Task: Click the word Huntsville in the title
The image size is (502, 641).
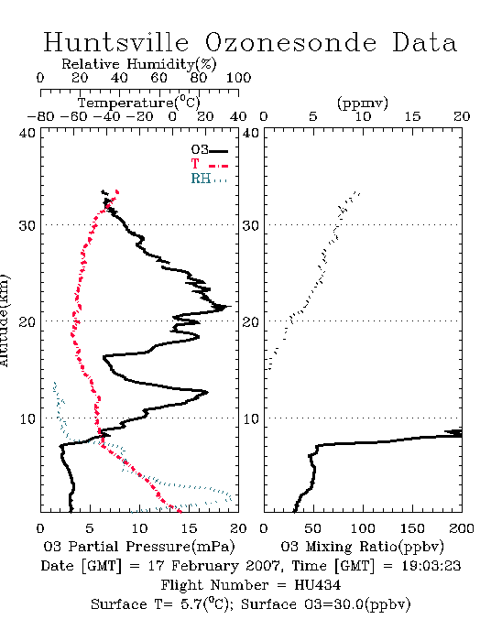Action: tap(116, 42)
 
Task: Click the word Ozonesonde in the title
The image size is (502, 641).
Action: tap(290, 42)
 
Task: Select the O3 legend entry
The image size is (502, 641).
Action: tap(209, 150)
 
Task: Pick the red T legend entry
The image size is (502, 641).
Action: tap(209, 164)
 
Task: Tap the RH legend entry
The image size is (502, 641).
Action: tap(209, 179)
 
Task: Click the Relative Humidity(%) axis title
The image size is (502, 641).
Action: tap(139, 64)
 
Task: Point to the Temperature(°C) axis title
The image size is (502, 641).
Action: tap(139, 103)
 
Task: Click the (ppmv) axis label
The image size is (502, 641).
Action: tap(363, 103)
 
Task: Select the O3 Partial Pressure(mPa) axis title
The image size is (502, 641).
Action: tap(139, 547)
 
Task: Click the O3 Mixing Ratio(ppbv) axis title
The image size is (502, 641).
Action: tap(363, 547)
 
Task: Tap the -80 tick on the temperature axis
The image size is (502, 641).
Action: tap(40, 117)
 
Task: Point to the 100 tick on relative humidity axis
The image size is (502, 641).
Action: tap(239, 78)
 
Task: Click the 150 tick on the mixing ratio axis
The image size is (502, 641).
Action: tap(412, 528)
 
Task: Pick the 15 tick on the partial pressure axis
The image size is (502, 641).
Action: tap(190, 528)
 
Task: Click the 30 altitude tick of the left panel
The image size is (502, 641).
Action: tap(27, 225)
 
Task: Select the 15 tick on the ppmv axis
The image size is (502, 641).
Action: tap(412, 117)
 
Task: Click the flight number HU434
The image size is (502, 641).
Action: tap(318, 585)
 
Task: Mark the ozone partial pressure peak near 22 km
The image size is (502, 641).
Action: tap(230, 306)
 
